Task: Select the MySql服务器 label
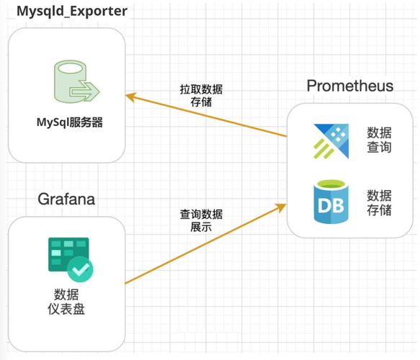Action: coord(70,122)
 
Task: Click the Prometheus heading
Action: coord(350,86)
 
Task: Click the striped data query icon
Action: coord(330,140)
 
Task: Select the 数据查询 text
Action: coord(379,140)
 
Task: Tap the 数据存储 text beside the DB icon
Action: coord(379,202)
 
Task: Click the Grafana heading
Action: coord(66,198)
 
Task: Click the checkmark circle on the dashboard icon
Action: coord(80,269)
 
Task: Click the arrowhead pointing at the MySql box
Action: coord(131,94)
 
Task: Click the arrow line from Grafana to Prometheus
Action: coord(202,245)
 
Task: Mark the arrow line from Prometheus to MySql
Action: coord(209,115)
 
